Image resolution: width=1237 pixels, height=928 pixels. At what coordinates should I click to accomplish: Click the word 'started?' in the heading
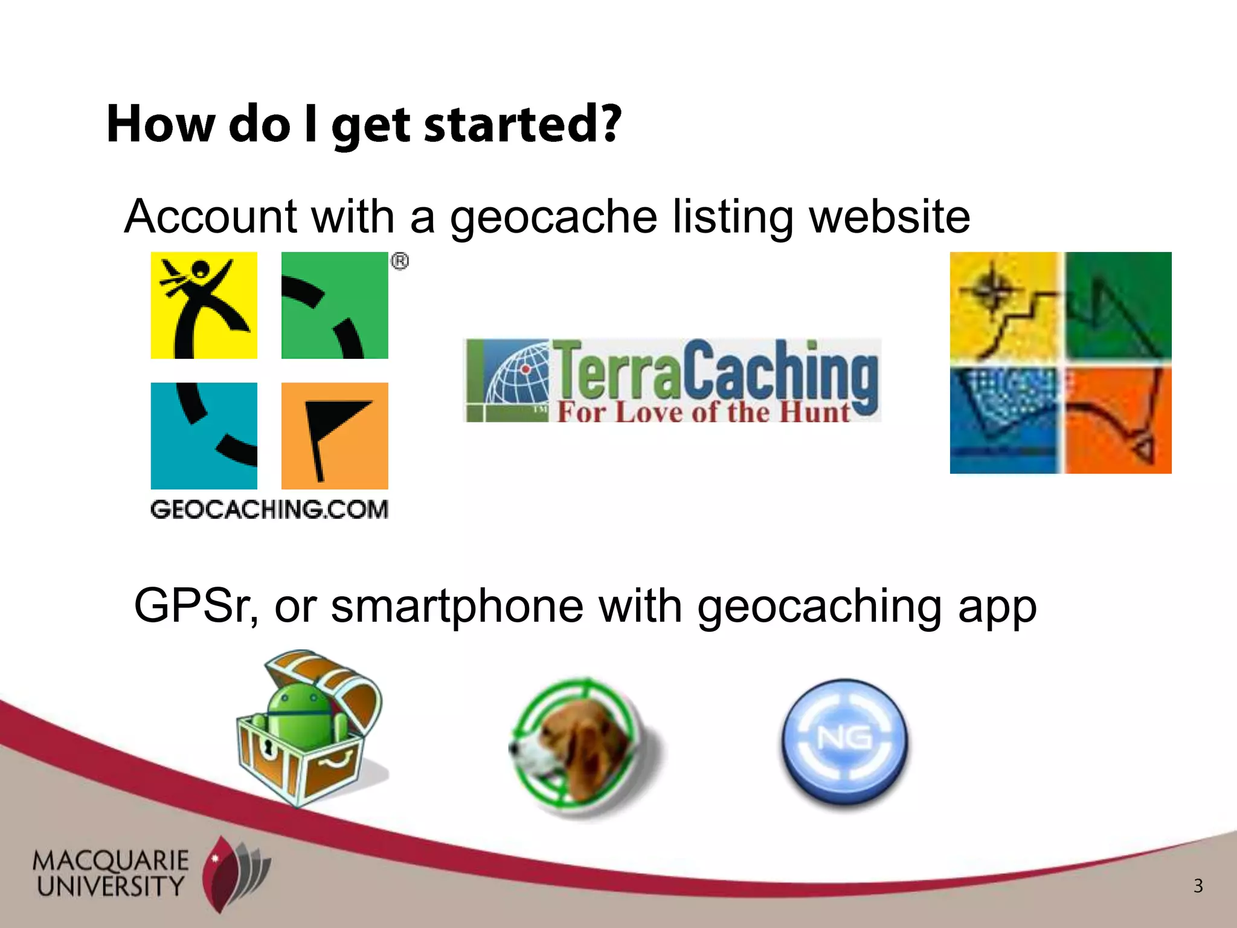click(522, 124)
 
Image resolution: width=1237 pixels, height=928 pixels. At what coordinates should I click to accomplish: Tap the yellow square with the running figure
click(204, 305)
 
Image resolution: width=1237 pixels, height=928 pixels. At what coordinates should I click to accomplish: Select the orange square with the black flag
click(335, 436)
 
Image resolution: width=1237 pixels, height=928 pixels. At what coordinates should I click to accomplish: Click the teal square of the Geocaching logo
click(204, 436)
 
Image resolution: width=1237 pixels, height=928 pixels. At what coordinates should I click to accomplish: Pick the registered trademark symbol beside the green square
click(400, 262)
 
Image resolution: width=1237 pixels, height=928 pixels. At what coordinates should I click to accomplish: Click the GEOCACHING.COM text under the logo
click(269, 509)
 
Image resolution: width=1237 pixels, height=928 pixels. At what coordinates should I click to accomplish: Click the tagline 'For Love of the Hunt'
click(704, 413)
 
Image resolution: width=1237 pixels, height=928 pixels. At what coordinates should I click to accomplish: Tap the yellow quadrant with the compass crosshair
click(1006, 305)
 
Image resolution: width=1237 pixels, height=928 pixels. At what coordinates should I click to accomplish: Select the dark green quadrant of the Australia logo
click(1117, 305)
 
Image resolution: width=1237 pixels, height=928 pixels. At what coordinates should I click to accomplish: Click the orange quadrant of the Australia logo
click(1117, 420)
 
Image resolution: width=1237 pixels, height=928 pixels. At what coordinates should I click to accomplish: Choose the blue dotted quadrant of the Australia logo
click(1006, 420)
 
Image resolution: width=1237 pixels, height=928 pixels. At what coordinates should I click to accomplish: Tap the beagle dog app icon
click(580, 746)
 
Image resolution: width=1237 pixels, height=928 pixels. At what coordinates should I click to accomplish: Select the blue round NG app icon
click(844, 742)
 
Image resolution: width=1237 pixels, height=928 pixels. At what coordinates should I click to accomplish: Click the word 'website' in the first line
click(889, 216)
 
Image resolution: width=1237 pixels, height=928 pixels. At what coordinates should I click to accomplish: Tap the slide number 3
click(1198, 886)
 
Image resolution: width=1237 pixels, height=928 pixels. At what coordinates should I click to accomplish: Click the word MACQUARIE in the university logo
click(111, 860)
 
